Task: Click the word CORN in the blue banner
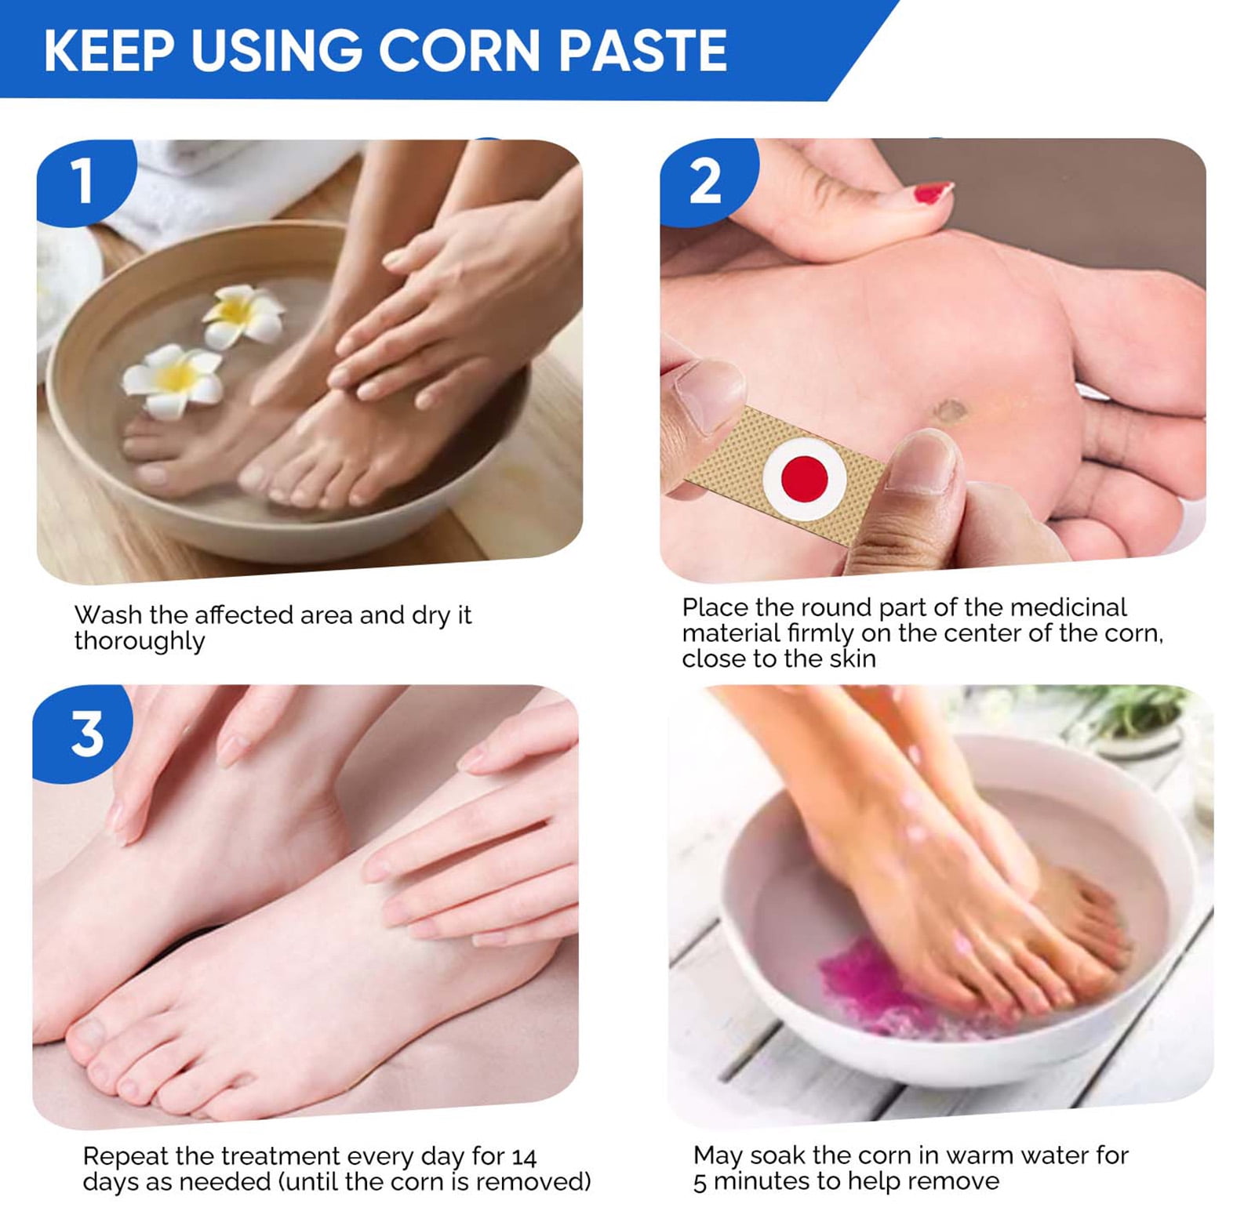pyautogui.click(x=460, y=51)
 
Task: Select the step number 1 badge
pyautogui.click(x=85, y=182)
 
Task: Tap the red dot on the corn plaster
pyautogui.click(x=805, y=477)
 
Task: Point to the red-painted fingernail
pyautogui.click(x=933, y=191)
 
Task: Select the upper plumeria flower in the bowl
pyautogui.click(x=242, y=315)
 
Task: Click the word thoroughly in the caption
pyautogui.click(x=140, y=642)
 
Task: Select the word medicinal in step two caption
pyautogui.click(x=1068, y=607)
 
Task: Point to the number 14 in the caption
pyautogui.click(x=523, y=1158)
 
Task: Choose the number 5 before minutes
pyautogui.click(x=700, y=1183)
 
